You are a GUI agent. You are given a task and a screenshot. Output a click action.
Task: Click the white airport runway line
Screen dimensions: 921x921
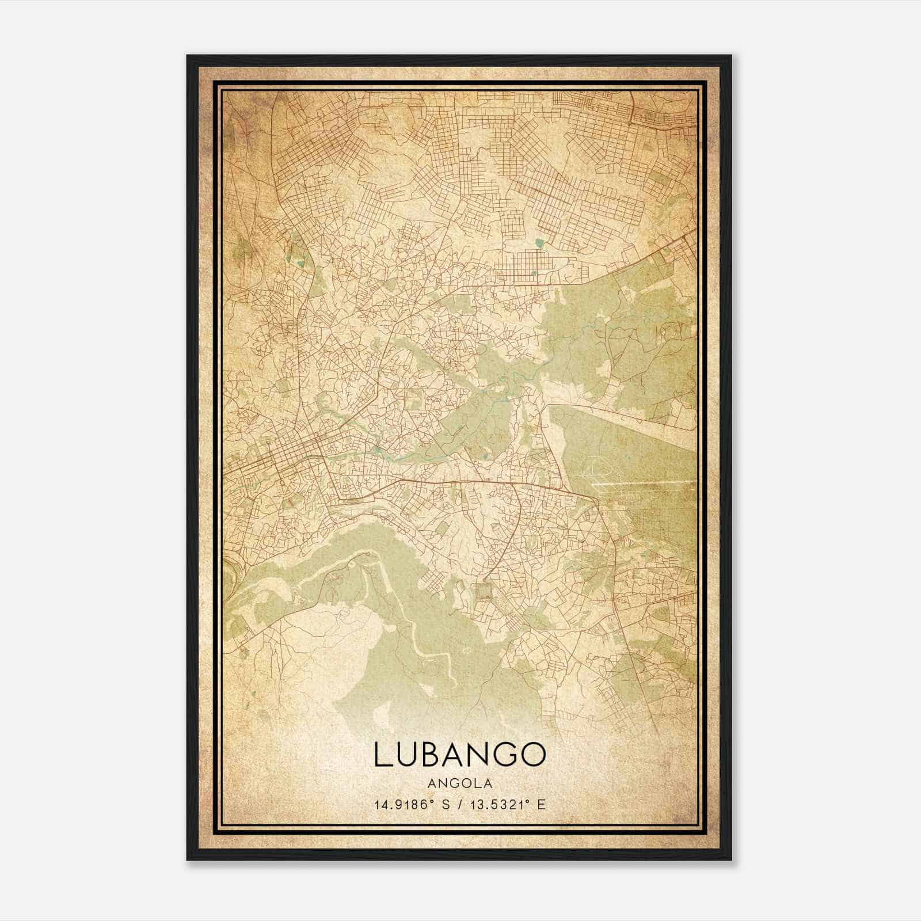[x=645, y=484]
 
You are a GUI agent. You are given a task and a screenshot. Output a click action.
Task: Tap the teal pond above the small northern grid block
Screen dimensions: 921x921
[x=539, y=243]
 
